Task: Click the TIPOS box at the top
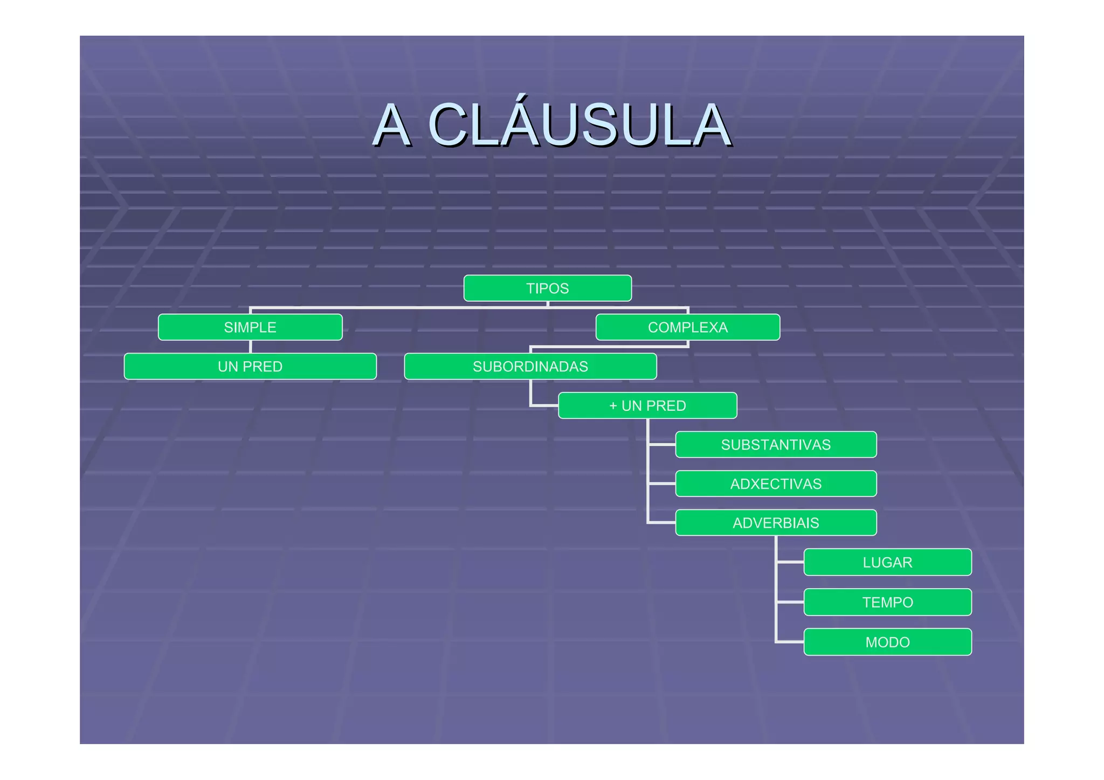click(547, 288)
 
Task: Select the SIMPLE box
click(250, 327)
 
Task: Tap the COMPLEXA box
click(687, 327)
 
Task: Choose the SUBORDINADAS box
click(530, 367)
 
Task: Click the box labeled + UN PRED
click(647, 405)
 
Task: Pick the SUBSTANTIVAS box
click(776, 445)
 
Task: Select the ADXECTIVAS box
click(776, 484)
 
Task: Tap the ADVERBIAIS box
click(776, 523)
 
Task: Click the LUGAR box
click(887, 562)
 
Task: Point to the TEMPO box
click(887, 602)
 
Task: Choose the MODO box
click(887, 642)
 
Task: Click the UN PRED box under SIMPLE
click(250, 367)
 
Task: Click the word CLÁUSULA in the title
click(579, 125)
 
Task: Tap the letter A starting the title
click(392, 125)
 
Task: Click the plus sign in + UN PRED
click(613, 405)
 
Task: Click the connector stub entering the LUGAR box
click(790, 562)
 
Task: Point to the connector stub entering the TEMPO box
click(790, 602)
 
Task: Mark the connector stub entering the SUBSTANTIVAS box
click(662, 445)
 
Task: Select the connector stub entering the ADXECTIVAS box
click(662, 484)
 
